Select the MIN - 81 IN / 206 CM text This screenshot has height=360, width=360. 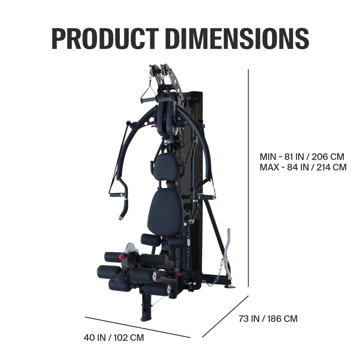pyautogui.click(x=302, y=157)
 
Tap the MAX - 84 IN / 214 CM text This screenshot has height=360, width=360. pyautogui.click(x=303, y=167)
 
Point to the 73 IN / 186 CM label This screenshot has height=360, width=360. pyautogui.click(x=268, y=318)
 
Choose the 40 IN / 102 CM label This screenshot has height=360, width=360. pyautogui.click(x=114, y=338)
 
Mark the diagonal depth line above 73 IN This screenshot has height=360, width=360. pyautogui.click(x=225, y=317)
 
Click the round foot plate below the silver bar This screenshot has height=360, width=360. pyautogui.click(x=229, y=287)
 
